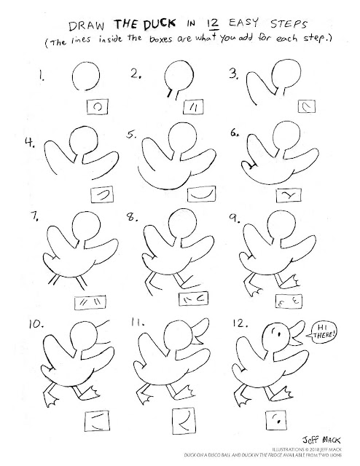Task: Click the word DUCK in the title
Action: click(x=160, y=24)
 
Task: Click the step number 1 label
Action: click(x=42, y=76)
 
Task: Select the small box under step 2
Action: click(x=193, y=107)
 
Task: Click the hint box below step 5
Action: click(x=201, y=194)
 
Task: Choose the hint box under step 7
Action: click(x=90, y=303)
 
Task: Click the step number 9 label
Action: click(x=235, y=218)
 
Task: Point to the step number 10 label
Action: click(x=36, y=324)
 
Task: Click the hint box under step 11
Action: click(x=184, y=421)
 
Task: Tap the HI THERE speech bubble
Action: click(x=322, y=332)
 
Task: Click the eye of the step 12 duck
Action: click(x=279, y=333)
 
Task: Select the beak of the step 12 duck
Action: click(x=297, y=333)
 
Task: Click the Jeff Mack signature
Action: click(x=321, y=439)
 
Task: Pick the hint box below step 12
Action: click(x=275, y=419)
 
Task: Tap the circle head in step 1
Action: click(x=86, y=76)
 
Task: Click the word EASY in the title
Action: click(x=243, y=23)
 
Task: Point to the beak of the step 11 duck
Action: click(x=201, y=331)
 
